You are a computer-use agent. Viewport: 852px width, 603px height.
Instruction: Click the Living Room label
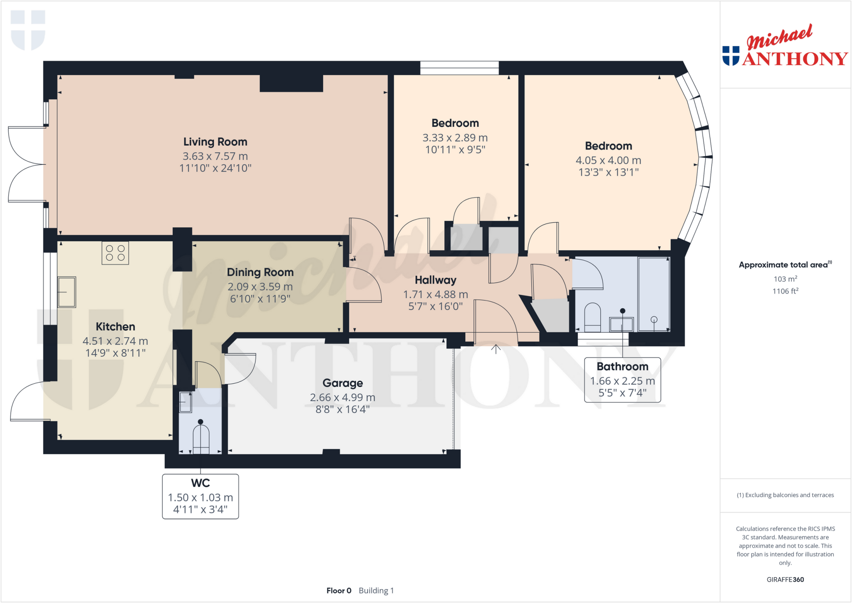click(215, 142)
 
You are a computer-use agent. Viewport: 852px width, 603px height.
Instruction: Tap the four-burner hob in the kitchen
click(115, 253)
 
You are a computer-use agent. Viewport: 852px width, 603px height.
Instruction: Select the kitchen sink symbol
click(67, 292)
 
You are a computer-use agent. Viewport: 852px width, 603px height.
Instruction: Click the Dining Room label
click(260, 272)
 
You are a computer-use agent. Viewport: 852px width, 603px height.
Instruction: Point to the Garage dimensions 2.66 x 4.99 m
click(342, 397)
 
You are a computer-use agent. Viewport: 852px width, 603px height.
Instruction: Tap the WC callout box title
click(200, 483)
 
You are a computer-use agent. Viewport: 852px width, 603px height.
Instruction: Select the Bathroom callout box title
click(622, 367)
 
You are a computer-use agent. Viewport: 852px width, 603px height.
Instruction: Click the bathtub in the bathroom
click(654, 294)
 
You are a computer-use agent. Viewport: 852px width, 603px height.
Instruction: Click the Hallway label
click(436, 280)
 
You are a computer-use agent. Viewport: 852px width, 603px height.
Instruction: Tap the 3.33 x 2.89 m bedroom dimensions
click(455, 138)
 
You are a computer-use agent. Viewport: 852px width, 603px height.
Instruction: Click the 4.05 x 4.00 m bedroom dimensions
click(608, 160)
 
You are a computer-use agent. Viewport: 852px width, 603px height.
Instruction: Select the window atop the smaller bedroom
click(459, 68)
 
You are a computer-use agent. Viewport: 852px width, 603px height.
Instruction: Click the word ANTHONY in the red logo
click(795, 59)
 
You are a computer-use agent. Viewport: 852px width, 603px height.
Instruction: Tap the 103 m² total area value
click(785, 279)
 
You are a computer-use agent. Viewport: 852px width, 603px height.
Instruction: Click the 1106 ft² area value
click(785, 291)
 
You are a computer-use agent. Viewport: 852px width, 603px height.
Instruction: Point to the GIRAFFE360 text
click(785, 579)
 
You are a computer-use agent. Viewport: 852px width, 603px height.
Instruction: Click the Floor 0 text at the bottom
click(339, 591)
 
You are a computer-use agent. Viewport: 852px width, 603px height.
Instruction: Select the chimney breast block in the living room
click(291, 83)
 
